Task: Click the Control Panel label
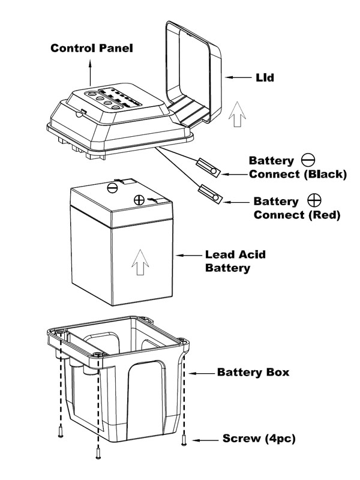tap(91, 47)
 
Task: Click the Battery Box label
tap(253, 372)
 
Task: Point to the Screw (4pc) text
tap(259, 439)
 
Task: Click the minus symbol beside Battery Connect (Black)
tap(308, 160)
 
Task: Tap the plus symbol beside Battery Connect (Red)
tap(314, 200)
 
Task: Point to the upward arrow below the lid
tap(238, 114)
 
